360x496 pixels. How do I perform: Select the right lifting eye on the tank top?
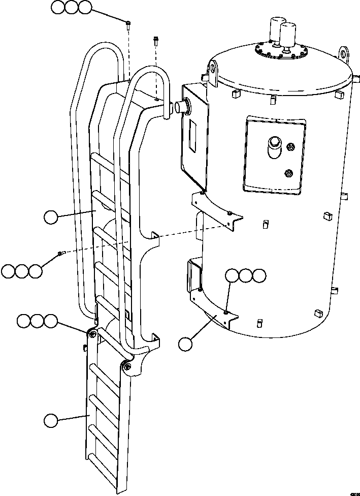pos(344,53)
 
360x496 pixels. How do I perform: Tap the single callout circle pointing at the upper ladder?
pos(51,218)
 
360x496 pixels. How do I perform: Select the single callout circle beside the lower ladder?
pos(51,421)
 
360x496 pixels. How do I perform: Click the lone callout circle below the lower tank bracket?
pos(185,344)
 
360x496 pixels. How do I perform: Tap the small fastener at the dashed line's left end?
pos(60,254)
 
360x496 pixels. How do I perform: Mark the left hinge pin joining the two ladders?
pos(92,333)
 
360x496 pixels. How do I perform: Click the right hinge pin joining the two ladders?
pos(127,365)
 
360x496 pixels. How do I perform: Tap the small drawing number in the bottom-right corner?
pos(353,492)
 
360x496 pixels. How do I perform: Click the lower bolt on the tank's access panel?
pos(289,172)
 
